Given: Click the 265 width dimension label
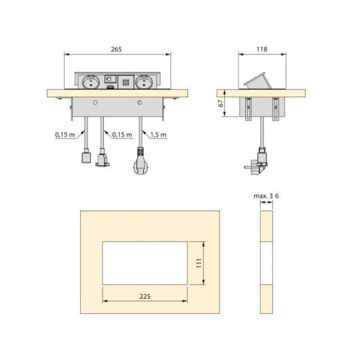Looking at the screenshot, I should pyautogui.click(x=119, y=48).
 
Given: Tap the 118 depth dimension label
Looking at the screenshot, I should pyautogui.click(x=261, y=48).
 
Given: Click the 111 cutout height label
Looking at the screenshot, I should pyautogui.click(x=200, y=261).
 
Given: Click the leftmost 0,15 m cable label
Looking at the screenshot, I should pyautogui.click(x=65, y=134).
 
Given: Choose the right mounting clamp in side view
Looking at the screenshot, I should pyautogui.click(x=276, y=107).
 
